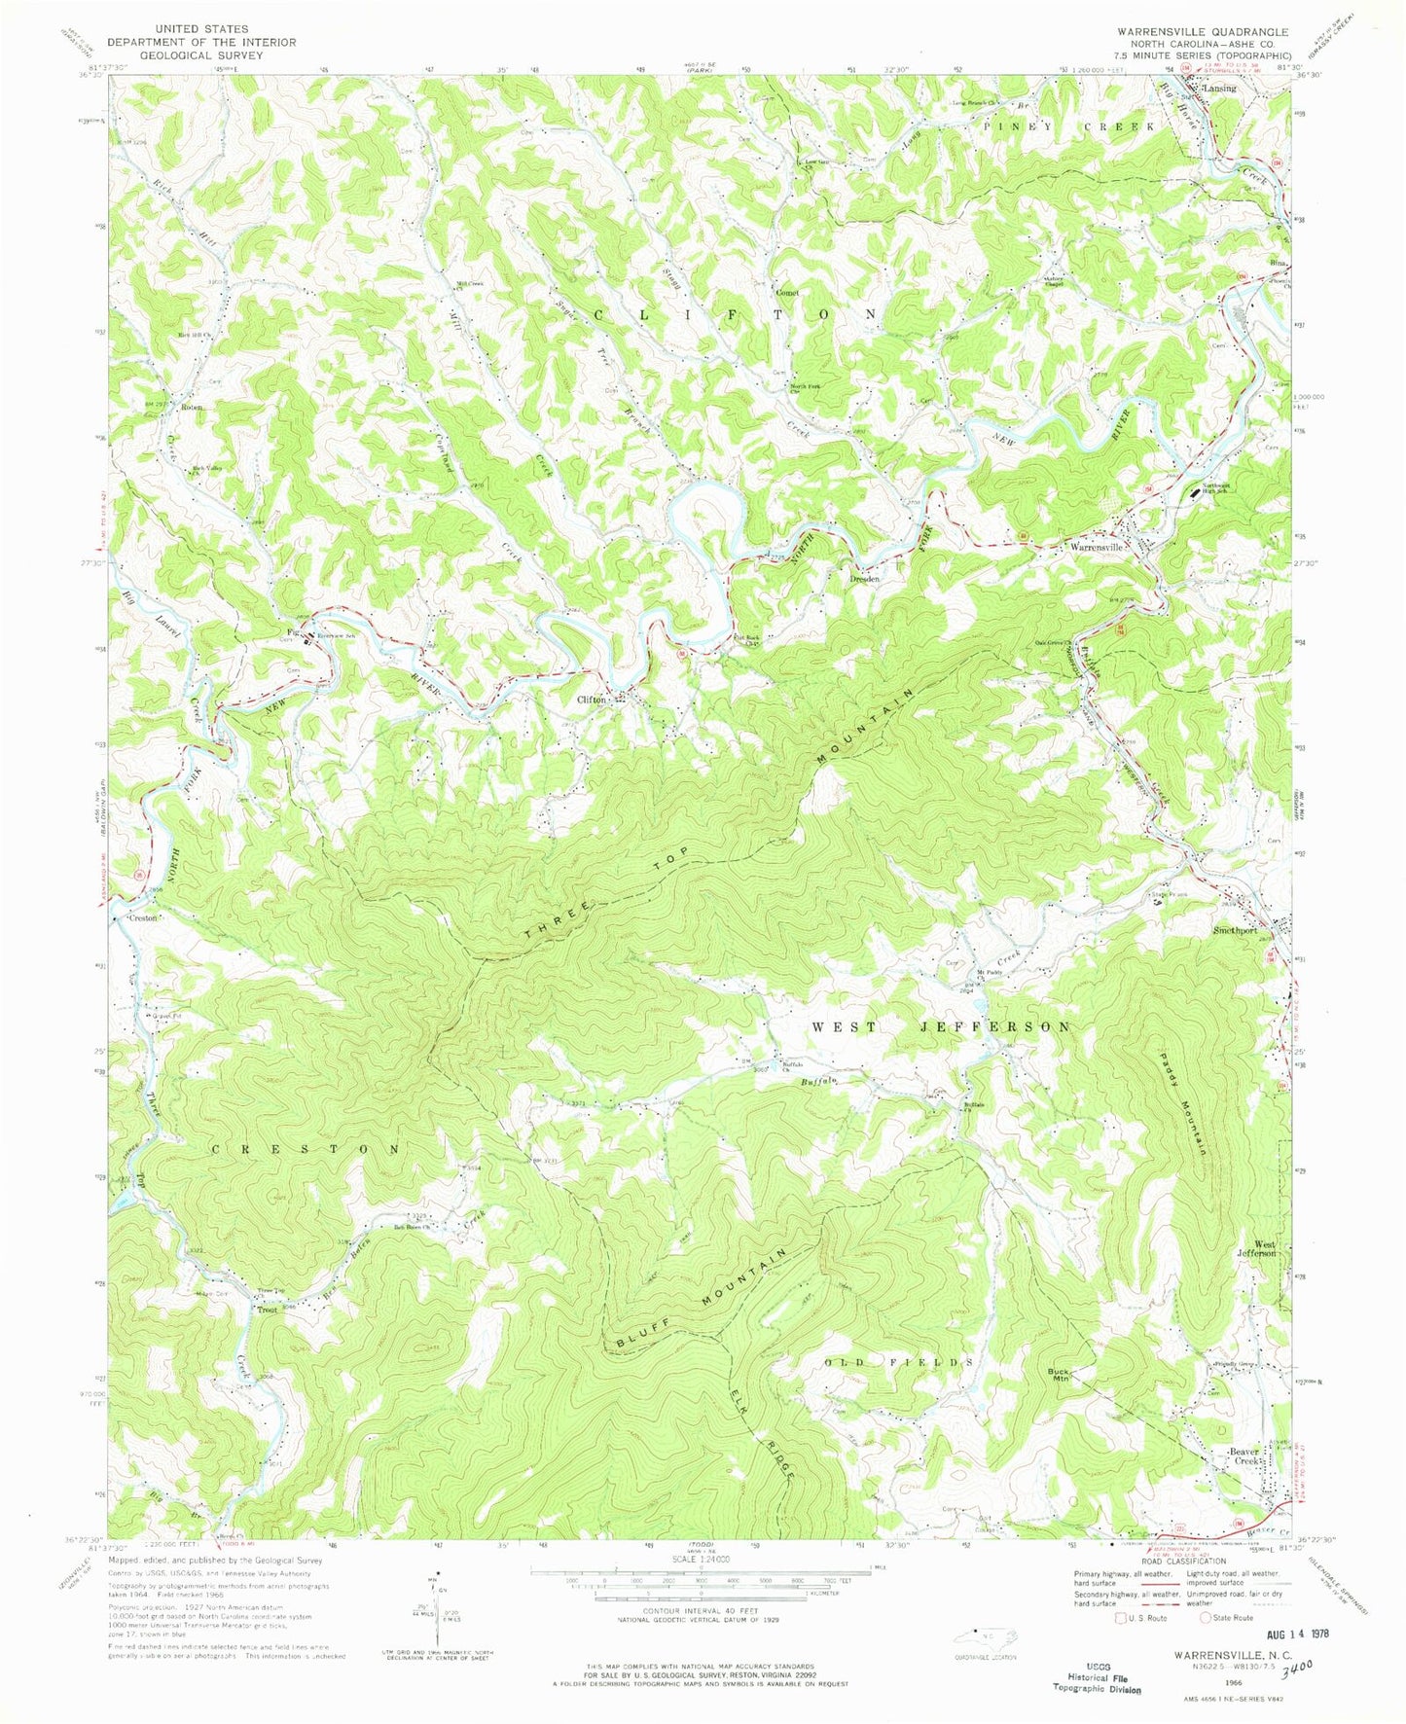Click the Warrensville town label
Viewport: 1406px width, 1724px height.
tap(1097, 548)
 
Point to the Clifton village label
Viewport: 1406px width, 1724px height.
tap(593, 700)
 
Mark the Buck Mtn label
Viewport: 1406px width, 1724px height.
tap(1059, 1377)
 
